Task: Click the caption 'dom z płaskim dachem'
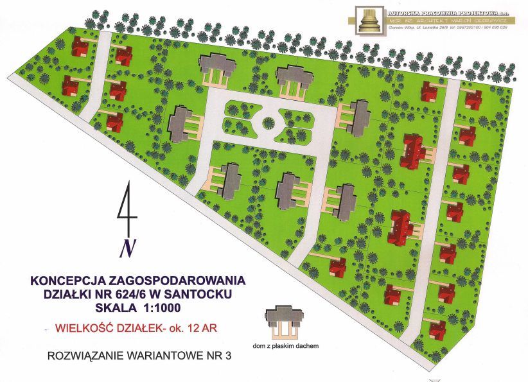(286, 347)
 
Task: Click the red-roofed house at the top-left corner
(80, 46)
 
